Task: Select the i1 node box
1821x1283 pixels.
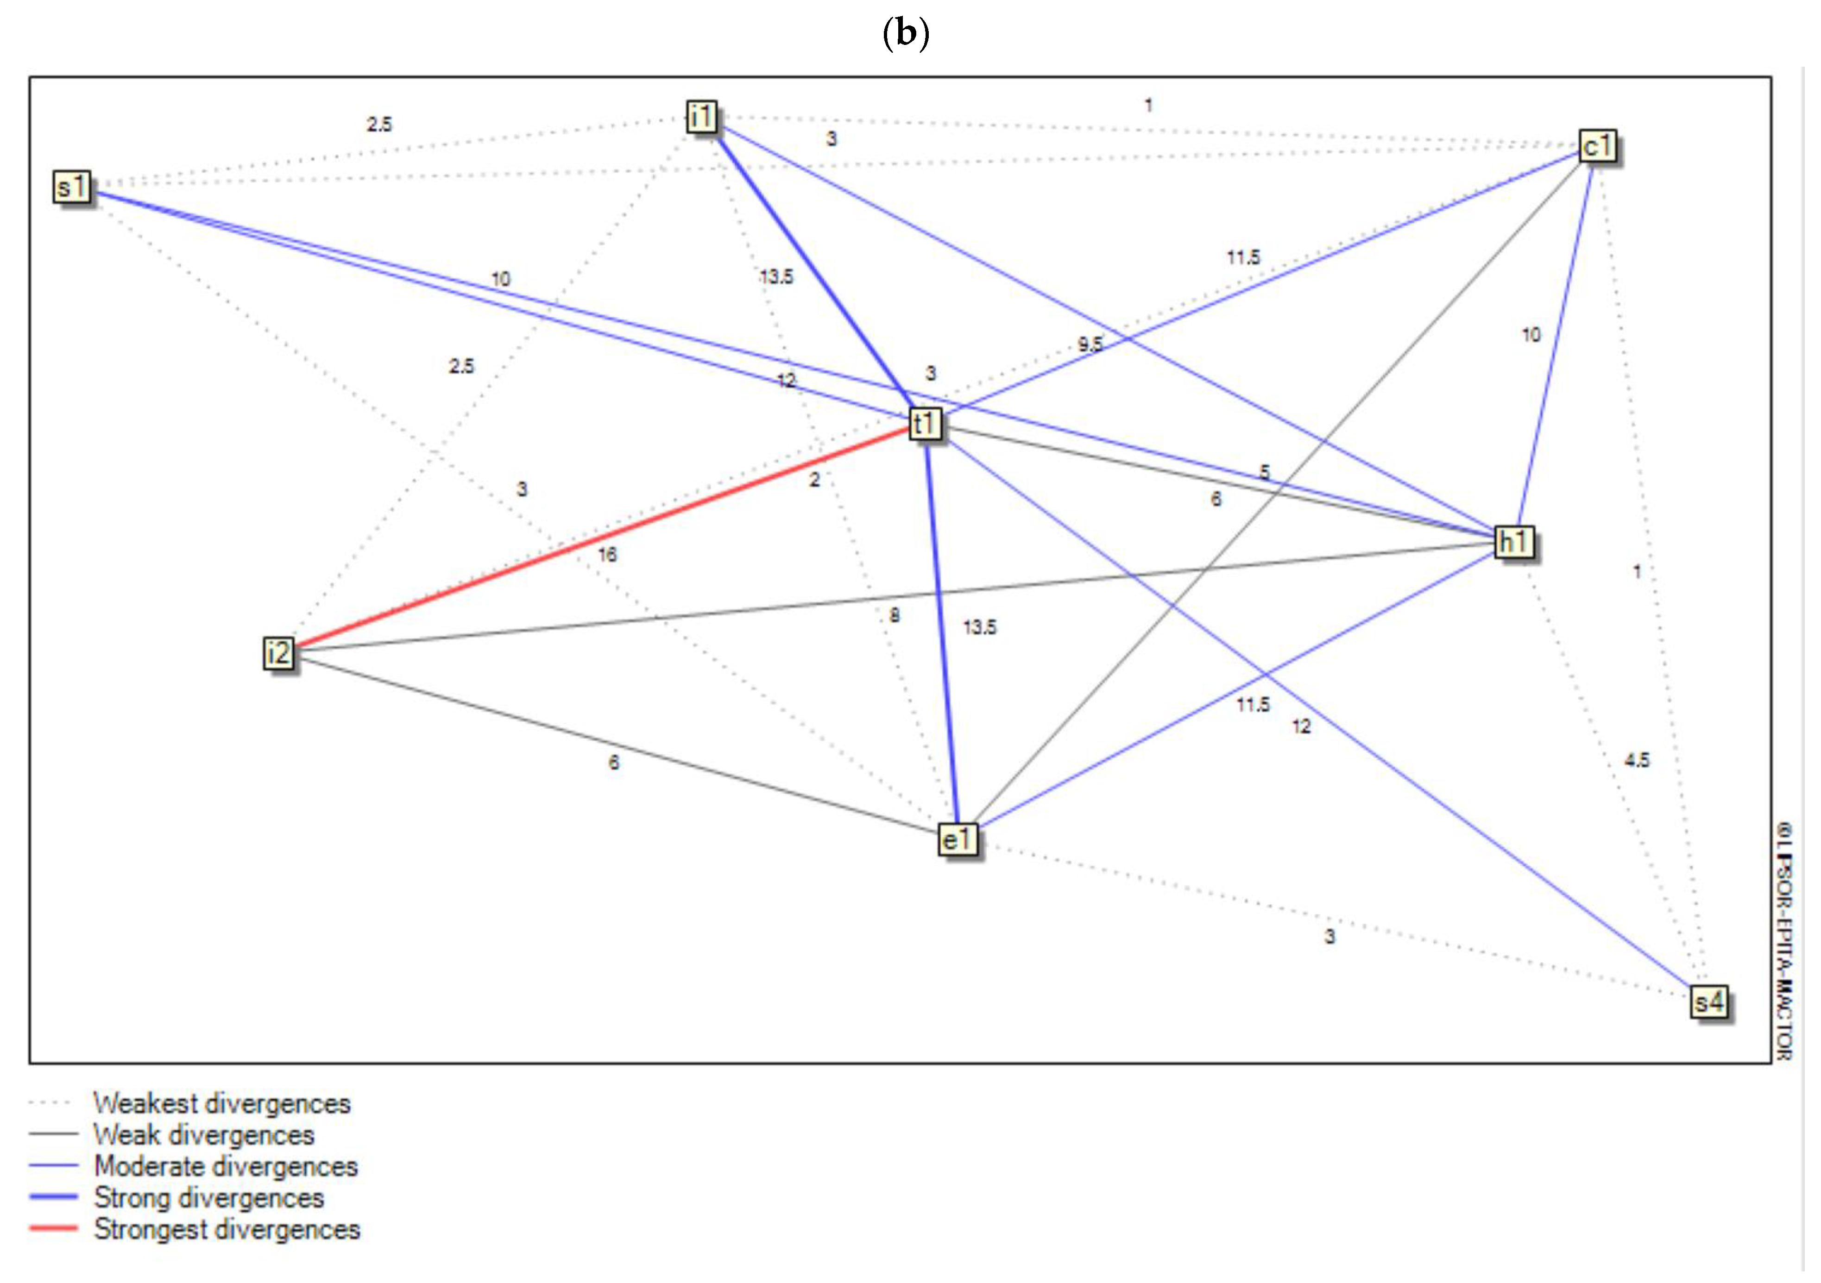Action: (x=701, y=117)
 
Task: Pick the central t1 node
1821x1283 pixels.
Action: (x=925, y=424)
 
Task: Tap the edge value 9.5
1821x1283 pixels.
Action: (x=1090, y=344)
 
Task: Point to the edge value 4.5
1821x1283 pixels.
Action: (x=1636, y=760)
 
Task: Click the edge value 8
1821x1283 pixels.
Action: (x=895, y=615)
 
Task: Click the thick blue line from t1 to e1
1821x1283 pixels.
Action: (x=942, y=634)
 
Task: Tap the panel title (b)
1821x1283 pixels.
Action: (x=906, y=33)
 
